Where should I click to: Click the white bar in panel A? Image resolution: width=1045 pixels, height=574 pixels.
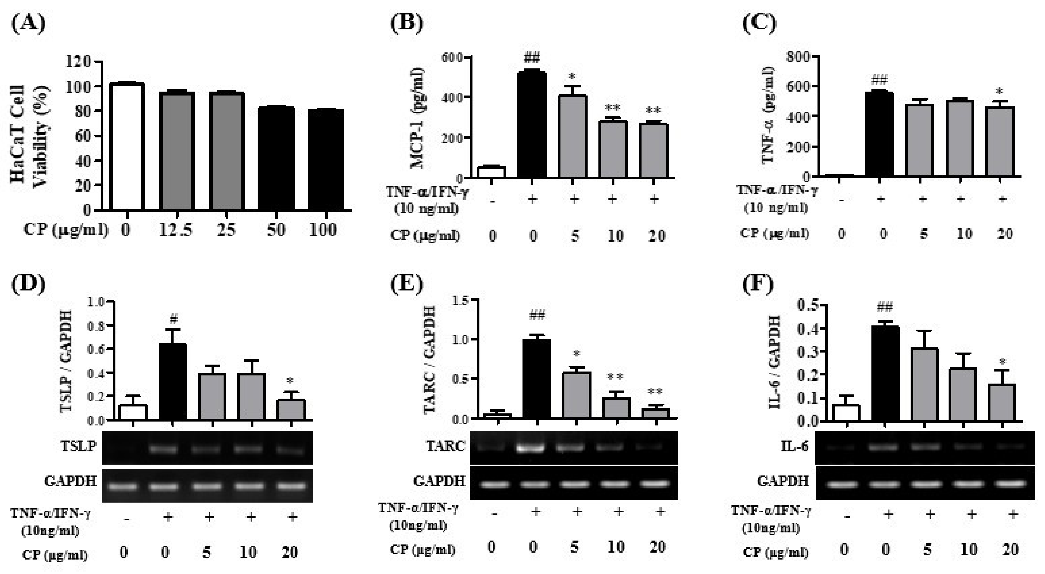click(x=127, y=146)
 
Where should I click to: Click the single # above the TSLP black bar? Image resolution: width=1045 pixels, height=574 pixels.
click(x=173, y=320)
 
